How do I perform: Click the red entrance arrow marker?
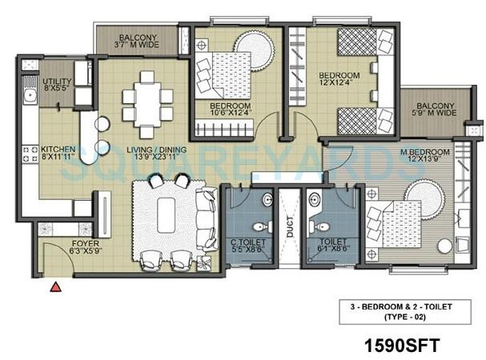55,286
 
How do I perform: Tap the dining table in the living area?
147,97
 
